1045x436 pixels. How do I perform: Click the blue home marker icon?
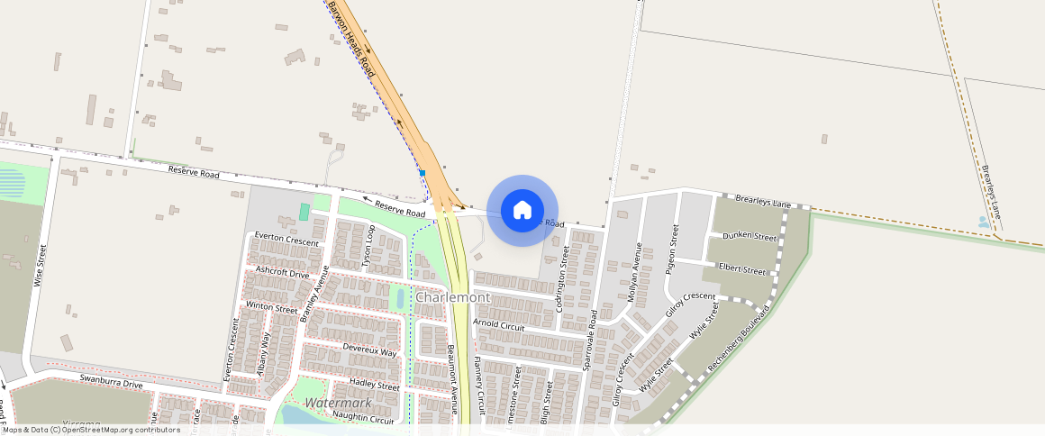click(x=522, y=210)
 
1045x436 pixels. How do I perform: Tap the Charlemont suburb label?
click(x=452, y=297)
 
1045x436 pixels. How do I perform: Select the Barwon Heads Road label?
click(x=351, y=37)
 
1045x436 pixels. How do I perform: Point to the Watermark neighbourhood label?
click(x=338, y=403)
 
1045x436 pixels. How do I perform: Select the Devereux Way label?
click(x=369, y=350)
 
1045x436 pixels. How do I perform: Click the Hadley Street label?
click(x=374, y=386)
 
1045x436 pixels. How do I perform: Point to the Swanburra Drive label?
click(x=111, y=383)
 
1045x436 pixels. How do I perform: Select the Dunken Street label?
click(x=750, y=237)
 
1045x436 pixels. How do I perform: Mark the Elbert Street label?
click(x=742, y=269)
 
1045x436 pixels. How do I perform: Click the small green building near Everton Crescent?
click(x=304, y=212)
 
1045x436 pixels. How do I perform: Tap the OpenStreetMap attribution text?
click(x=92, y=430)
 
